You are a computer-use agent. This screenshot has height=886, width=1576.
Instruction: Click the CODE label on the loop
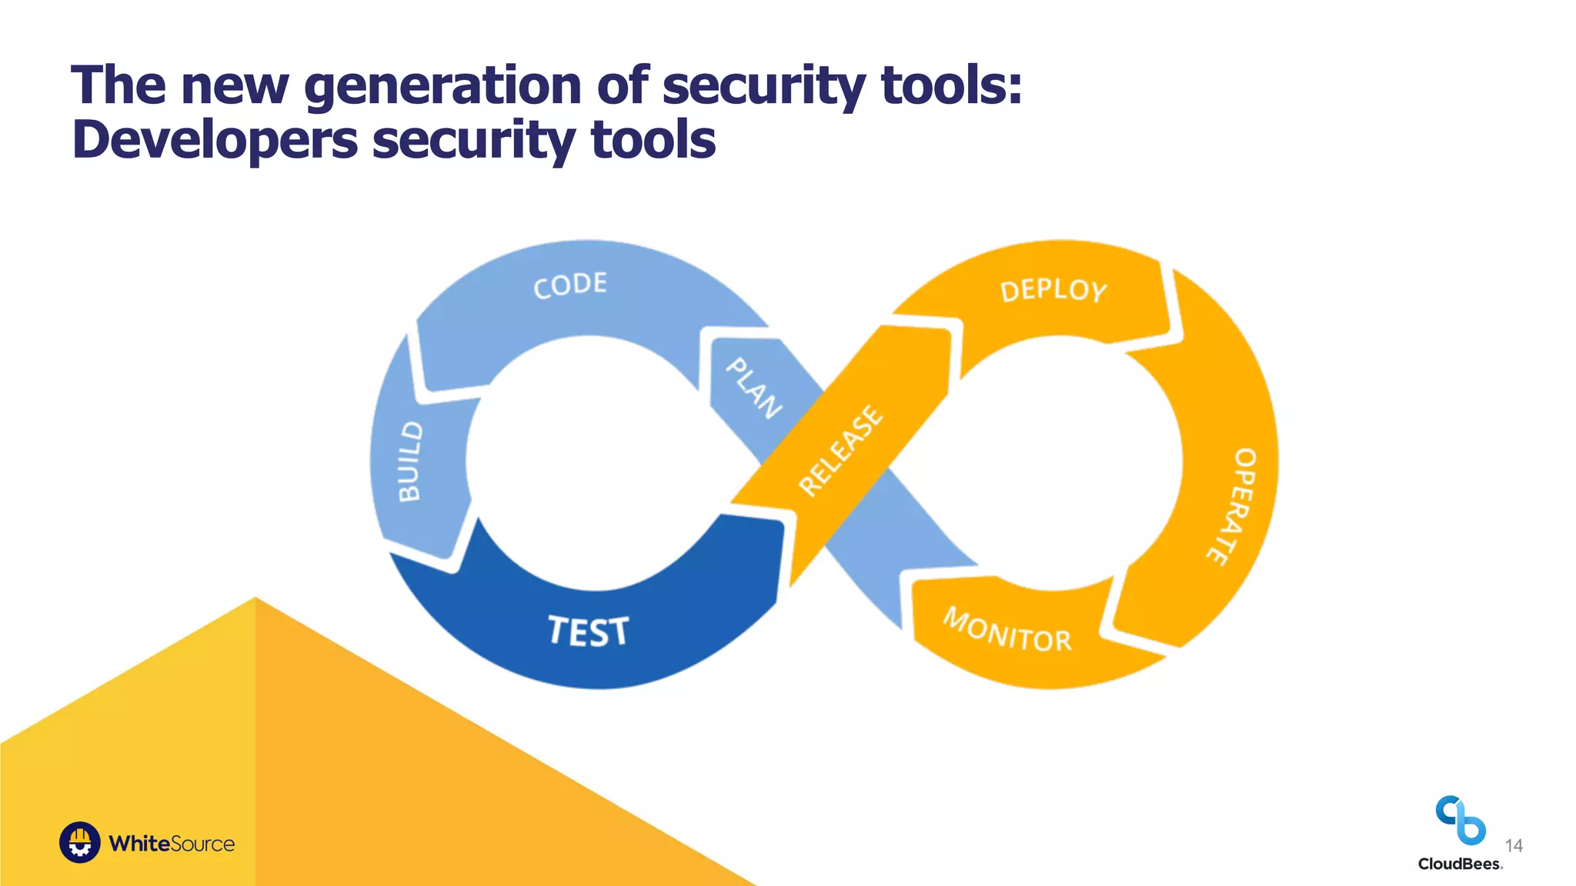[570, 285]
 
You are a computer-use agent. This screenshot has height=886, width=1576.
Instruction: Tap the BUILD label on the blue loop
[410, 461]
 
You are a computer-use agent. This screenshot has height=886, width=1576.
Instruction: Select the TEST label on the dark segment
[589, 631]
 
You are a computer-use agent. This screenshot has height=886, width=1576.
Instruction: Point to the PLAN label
[754, 388]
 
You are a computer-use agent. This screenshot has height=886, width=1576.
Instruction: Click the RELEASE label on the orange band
[841, 451]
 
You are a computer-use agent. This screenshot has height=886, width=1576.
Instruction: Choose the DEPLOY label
[1053, 291]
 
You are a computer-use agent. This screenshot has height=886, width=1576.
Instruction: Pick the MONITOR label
[1007, 630]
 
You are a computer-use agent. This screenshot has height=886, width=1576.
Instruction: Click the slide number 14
[1514, 846]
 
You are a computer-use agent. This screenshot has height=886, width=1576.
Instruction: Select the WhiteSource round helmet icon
[80, 842]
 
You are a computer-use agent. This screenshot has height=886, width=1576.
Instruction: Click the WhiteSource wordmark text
[172, 844]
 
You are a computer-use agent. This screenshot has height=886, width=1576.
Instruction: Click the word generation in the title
[442, 85]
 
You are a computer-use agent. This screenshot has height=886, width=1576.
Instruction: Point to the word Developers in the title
[215, 140]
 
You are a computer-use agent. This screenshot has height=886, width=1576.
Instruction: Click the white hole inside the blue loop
[589, 461]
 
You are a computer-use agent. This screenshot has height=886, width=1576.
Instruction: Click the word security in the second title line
[473, 142]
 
